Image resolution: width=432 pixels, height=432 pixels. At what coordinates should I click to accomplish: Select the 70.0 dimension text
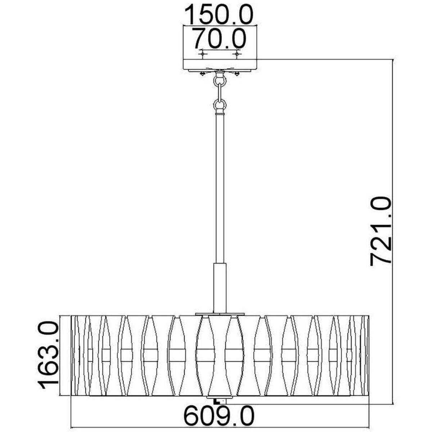(219, 39)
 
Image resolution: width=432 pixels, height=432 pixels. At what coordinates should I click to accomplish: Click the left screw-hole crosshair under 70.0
(202, 54)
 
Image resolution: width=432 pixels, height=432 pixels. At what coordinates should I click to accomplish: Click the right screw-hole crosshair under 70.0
(237, 54)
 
